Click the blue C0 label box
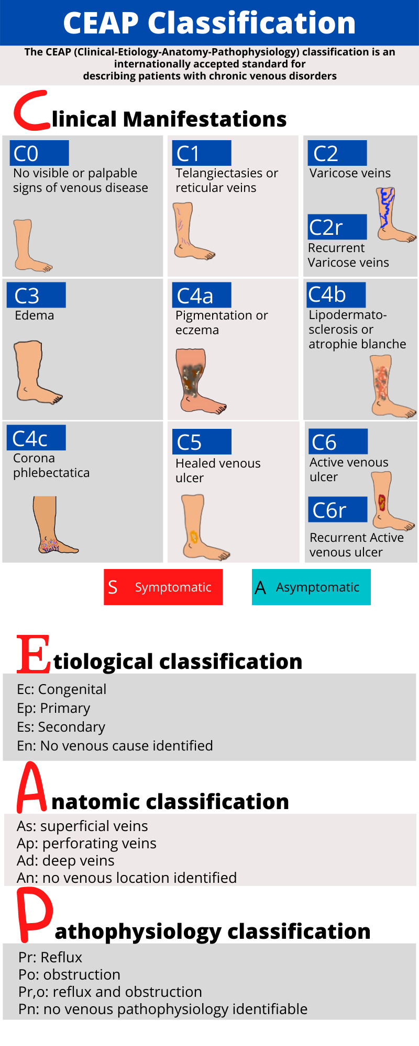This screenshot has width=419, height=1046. (x=39, y=153)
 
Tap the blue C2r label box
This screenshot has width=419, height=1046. (x=337, y=227)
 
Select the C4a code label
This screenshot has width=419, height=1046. (x=202, y=295)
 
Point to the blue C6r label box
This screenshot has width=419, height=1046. (x=338, y=509)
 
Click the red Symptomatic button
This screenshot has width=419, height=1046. (x=163, y=587)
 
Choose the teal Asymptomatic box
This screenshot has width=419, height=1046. (x=311, y=587)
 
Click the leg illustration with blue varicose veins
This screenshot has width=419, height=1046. (x=392, y=214)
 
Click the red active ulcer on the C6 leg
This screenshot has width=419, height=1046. (x=382, y=502)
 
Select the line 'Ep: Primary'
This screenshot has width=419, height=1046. (x=53, y=708)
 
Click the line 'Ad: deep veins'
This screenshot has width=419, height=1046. (x=65, y=860)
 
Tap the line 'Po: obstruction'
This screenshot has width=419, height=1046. (x=69, y=974)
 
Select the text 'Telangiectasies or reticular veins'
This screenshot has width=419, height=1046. (x=226, y=180)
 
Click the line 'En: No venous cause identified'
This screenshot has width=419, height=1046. (x=115, y=746)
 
